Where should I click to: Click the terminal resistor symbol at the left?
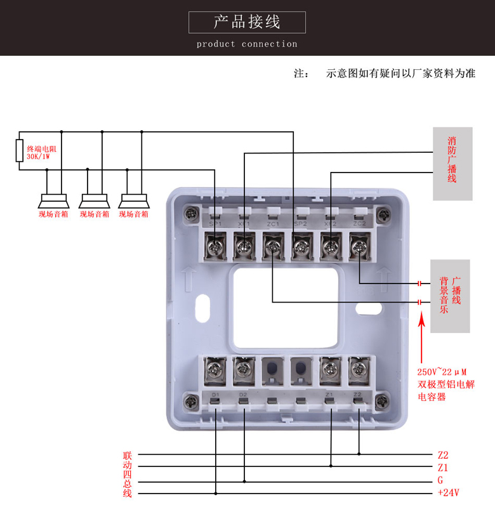20,150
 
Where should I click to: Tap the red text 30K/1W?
39,155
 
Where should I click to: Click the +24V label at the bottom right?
448,493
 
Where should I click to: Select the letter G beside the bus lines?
440,480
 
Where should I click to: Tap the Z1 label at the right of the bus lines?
443,467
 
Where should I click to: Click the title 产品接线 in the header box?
247,22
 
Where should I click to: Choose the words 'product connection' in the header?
247,44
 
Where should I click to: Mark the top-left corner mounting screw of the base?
190,213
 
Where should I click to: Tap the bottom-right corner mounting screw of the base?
382,401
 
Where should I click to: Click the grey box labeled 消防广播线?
452,163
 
